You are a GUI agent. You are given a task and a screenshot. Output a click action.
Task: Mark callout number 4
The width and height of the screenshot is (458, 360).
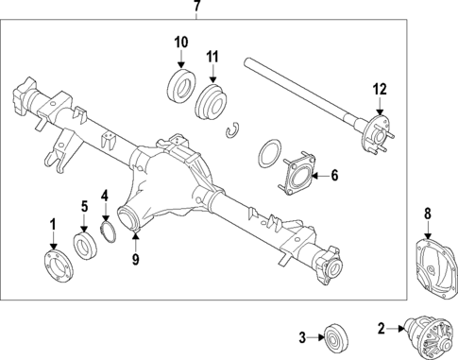106,197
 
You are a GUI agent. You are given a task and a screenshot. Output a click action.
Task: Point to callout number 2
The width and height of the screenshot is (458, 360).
382,329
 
